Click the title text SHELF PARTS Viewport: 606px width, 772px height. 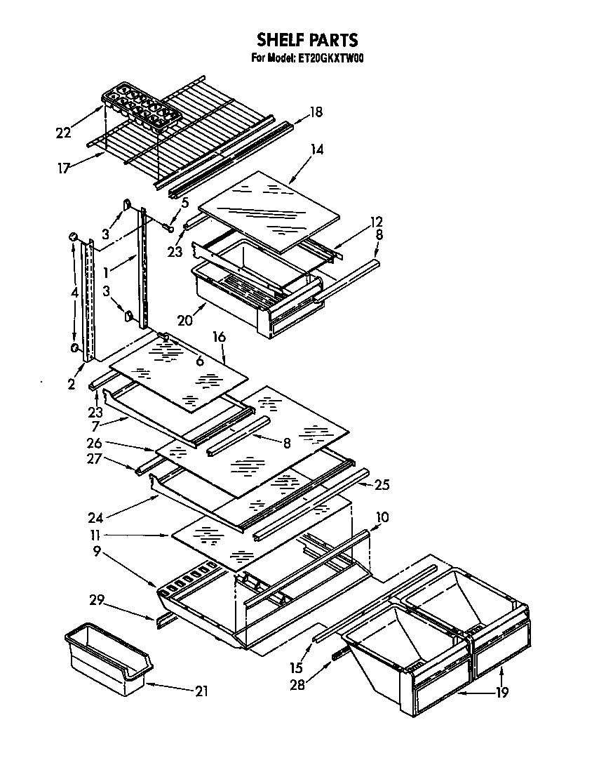click(x=307, y=39)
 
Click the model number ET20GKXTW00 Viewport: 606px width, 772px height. click(x=327, y=58)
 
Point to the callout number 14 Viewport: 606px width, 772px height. click(x=318, y=149)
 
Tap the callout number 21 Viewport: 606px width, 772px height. click(x=201, y=691)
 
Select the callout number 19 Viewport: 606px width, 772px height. click(x=501, y=693)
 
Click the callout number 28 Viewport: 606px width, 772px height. click(x=297, y=684)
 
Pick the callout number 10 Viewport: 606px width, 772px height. click(x=382, y=517)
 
